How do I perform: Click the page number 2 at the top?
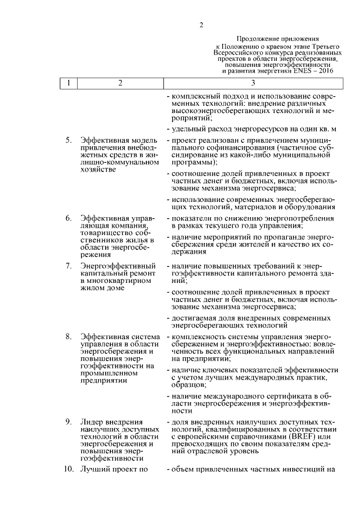(x=200, y=24)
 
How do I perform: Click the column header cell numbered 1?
(x=69, y=83)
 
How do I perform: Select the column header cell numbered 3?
(x=253, y=83)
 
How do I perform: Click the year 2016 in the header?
(x=327, y=71)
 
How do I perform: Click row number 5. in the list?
(x=68, y=140)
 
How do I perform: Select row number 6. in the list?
(x=68, y=218)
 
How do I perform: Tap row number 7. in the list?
(x=68, y=265)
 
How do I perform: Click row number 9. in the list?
(x=68, y=422)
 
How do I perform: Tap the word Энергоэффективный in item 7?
(x=117, y=265)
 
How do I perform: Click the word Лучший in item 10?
(x=94, y=469)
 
